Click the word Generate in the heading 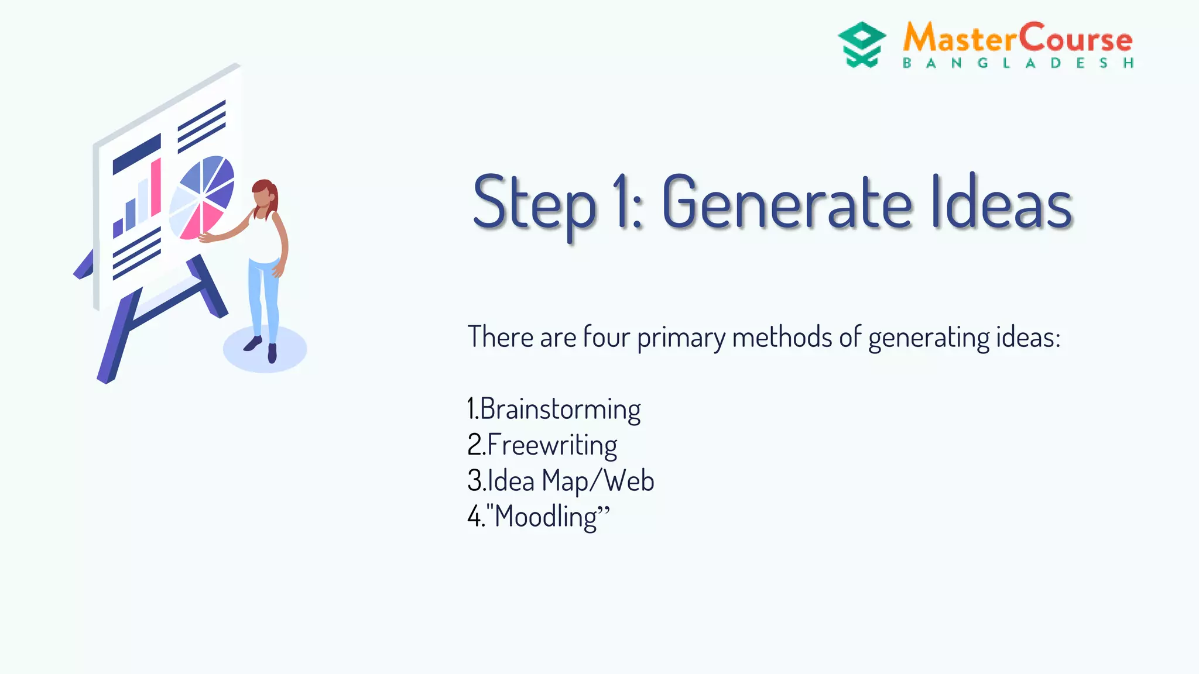pos(787,202)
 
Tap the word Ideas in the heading pos(1002,202)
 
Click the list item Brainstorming pos(554,409)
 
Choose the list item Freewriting pos(542,445)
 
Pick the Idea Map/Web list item pos(560,481)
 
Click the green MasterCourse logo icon pos(861,44)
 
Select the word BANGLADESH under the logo pos(1018,63)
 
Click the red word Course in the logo pos(1076,39)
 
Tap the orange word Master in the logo pos(960,39)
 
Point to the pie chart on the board pos(201,197)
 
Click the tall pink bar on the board pos(156,187)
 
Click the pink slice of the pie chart pos(199,221)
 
